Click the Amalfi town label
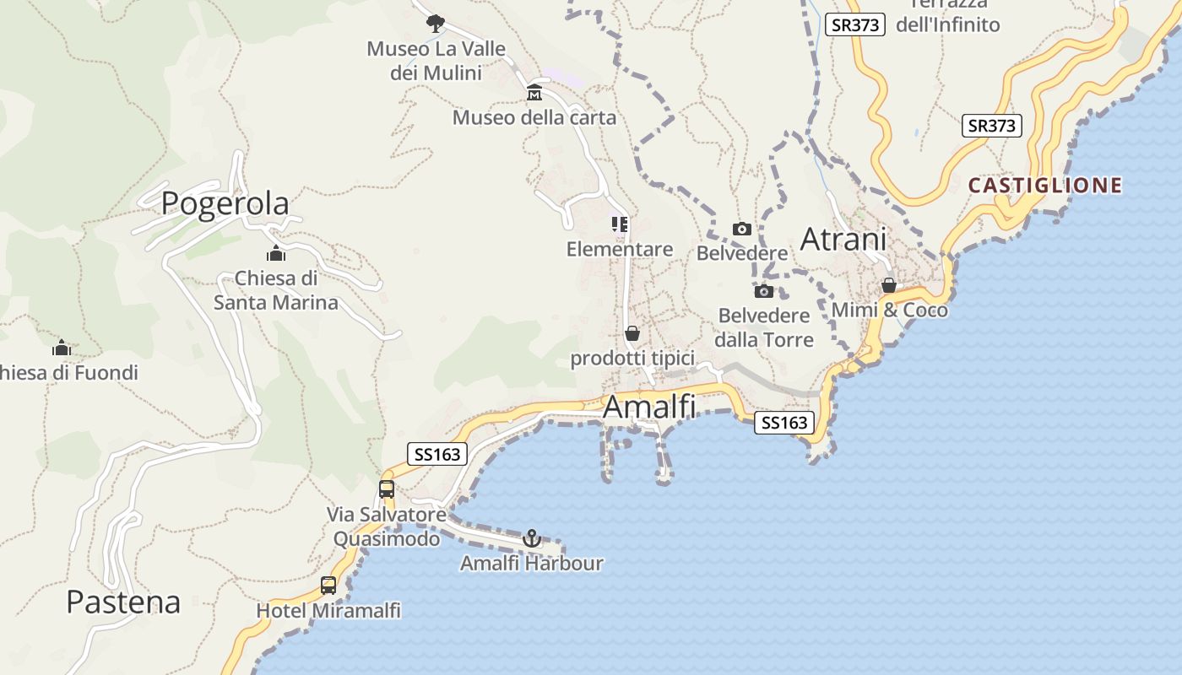click(x=649, y=408)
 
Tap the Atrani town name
click(x=843, y=240)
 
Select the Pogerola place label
click(x=225, y=203)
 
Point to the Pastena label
click(x=123, y=602)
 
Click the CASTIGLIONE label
click(x=1045, y=186)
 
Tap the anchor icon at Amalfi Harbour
click(x=532, y=537)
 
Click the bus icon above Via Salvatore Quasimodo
click(x=387, y=489)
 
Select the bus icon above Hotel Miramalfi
click(x=328, y=586)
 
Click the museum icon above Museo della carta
click(x=534, y=92)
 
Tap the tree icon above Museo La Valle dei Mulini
click(x=435, y=23)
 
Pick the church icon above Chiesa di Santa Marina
click(x=275, y=253)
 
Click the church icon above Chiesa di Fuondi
click(x=61, y=348)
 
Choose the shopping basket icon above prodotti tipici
click(x=632, y=333)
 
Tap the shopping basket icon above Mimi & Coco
click(x=889, y=285)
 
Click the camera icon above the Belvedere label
click(x=742, y=229)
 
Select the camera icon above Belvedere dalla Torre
click(x=764, y=291)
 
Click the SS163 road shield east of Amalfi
click(x=784, y=423)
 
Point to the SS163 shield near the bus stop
click(x=437, y=454)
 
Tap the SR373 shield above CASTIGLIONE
click(x=991, y=126)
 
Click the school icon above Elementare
click(x=621, y=224)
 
